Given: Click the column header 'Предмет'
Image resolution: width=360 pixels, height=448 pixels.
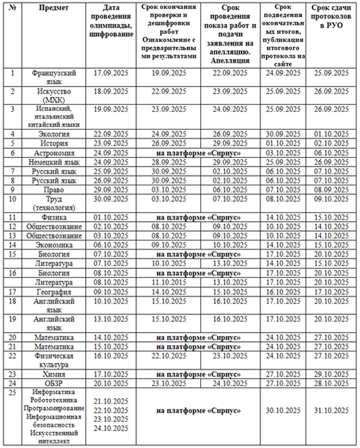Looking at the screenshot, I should [x=54, y=8].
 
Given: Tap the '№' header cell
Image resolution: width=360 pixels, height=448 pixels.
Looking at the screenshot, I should [x=13, y=8].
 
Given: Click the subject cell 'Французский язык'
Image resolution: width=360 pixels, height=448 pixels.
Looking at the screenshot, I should [x=54, y=77].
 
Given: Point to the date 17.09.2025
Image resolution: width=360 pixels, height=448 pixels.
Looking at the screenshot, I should [x=111, y=73].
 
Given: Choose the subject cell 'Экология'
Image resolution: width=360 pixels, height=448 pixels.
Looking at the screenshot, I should [x=54, y=134].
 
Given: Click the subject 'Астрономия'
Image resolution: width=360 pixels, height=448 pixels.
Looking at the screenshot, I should [x=54, y=153].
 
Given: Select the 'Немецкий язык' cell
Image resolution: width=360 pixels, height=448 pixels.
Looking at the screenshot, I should [x=54, y=162].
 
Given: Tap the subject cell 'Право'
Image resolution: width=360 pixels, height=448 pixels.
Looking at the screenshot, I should [x=54, y=190].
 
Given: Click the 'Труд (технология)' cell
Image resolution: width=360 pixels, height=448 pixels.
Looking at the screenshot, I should [x=54, y=203].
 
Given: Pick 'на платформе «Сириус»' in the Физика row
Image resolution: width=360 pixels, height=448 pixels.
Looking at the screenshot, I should [x=198, y=217].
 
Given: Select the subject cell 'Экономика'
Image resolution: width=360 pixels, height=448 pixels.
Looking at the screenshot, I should [x=54, y=245].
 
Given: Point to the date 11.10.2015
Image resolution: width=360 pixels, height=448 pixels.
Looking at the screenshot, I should [x=169, y=282].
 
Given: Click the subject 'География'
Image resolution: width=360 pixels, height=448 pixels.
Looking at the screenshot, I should [x=54, y=292].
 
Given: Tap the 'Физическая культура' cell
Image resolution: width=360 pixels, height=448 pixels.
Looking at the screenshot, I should [x=54, y=360].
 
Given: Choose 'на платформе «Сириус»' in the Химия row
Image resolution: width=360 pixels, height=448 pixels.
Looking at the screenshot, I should [x=198, y=374].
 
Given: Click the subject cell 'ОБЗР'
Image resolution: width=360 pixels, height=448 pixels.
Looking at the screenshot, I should [x=54, y=383].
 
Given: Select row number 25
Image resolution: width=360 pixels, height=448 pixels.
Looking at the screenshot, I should [x=13, y=393].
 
